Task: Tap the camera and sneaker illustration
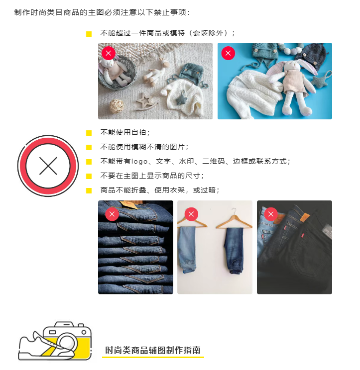pyautogui.click(x=55, y=341)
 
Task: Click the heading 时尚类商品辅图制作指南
pyautogui.click(x=153, y=350)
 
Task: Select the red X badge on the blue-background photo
pyautogui.click(x=228, y=53)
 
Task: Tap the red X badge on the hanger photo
pyautogui.click(x=191, y=214)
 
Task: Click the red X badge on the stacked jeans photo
pyautogui.click(x=112, y=214)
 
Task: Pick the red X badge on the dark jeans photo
pyautogui.click(x=271, y=214)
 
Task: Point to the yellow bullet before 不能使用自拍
pyautogui.click(x=89, y=133)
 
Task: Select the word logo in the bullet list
pyautogui.click(x=139, y=162)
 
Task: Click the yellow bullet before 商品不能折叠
pyautogui.click(x=89, y=190)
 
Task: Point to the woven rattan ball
pyautogui.click(x=117, y=106)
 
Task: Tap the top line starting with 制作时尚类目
pyautogui.click(x=102, y=12)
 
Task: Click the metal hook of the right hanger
pyautogui.click(x=234, y=211)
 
